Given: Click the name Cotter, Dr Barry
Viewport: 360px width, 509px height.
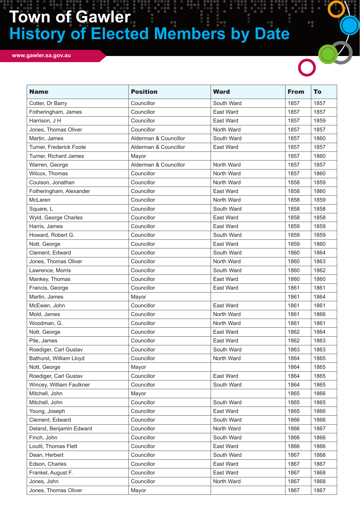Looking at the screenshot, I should pos(48,103).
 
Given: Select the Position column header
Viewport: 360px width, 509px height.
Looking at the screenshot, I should pos(144,92).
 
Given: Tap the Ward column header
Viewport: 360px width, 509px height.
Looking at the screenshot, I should pos(221,92).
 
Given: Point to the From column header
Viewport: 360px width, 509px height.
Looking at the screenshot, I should pos(296,92).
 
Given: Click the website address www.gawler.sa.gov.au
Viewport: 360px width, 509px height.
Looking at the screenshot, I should pos(41,55).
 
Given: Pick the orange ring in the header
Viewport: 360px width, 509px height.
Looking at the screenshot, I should pos(336,9).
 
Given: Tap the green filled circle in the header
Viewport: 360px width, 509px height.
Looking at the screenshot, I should pos(328,54).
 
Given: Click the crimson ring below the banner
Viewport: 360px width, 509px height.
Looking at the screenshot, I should pos(307,68).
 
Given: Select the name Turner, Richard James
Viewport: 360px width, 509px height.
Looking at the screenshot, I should pos(57,156).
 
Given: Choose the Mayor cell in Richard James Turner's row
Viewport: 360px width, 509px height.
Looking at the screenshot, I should pos(138,156).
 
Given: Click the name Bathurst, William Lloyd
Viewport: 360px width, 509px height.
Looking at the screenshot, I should pos(57,358).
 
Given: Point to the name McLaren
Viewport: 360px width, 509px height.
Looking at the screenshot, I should pos(40,200).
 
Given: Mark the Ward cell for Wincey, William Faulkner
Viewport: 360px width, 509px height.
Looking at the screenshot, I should pos(227,385).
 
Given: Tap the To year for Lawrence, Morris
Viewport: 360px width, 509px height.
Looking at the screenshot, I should pos(319,270).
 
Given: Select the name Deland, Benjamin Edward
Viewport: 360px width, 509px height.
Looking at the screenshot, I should pos(61,429).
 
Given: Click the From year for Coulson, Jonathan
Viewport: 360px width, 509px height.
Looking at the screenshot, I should pos(294,183).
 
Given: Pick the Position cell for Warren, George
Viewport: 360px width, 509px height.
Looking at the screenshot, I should pos(158,165).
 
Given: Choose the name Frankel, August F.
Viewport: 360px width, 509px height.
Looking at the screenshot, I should pos(51,473).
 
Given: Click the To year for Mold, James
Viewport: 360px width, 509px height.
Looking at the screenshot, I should pos(319,314).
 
